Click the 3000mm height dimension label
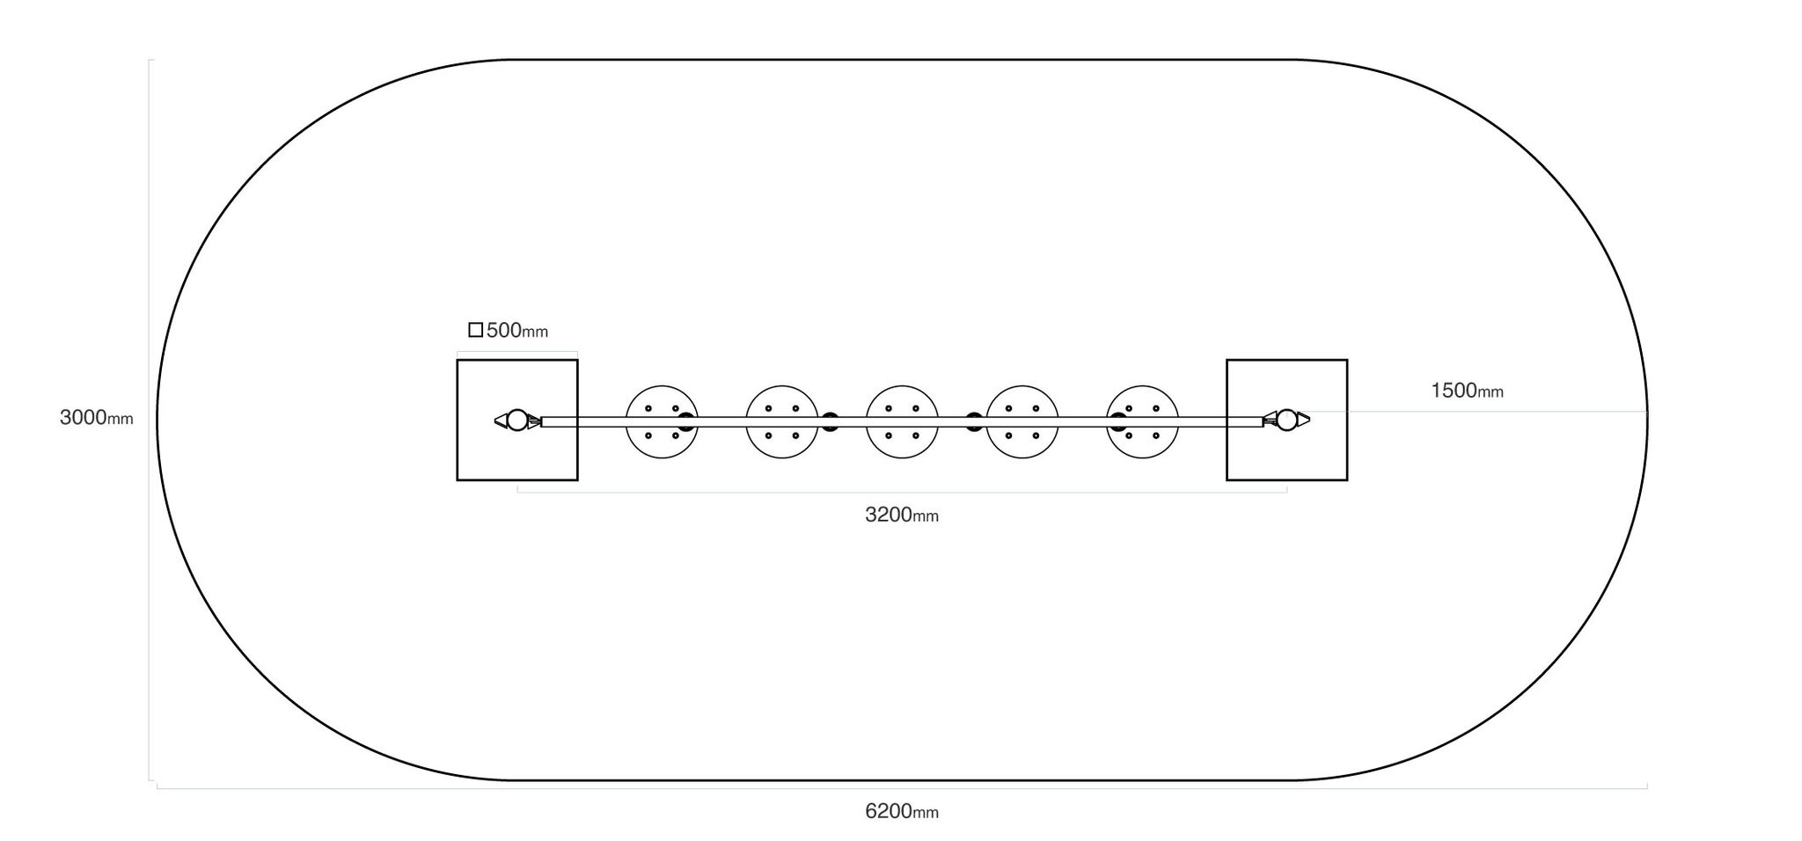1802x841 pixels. pos(97,418)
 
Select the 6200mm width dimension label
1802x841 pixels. pos(902,811)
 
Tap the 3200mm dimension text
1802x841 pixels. pos(902,515)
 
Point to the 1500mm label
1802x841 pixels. pos(1467,391)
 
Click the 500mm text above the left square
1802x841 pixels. pos(517,331)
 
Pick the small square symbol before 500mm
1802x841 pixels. pos(475,330)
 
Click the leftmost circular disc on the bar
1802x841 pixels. pos(662,421)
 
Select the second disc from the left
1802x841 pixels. pos(782,421)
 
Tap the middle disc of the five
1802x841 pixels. pos(902,421)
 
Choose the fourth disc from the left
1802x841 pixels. pos(1022,421)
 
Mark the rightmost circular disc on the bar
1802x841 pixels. pos(1142,421)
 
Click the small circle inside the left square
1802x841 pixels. pos(517,420)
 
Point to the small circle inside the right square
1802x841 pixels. pos(1286,420)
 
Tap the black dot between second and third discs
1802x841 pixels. pos(830,421)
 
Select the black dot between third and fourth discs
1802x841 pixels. pos(974,421)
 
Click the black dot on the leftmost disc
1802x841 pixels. pos(686,421)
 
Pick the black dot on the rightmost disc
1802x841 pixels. pos(1118,421)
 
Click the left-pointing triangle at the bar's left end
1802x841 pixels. pos(501,420)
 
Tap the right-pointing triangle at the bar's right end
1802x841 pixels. pos(1304,420)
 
